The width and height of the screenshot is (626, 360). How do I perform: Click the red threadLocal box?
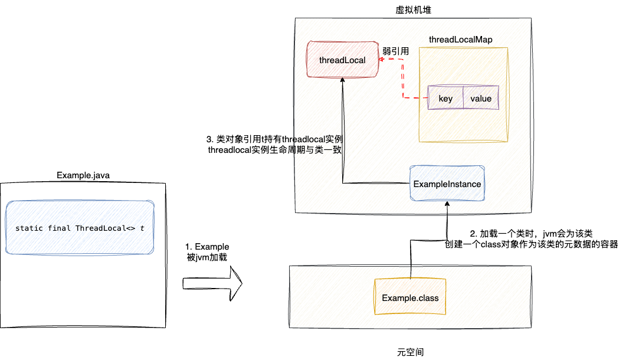click(342, 60)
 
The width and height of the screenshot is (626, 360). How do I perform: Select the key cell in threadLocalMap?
click(445, 99)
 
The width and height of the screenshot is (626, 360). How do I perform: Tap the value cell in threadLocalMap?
click(481, 99)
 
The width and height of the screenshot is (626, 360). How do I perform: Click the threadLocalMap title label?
click(461, 39)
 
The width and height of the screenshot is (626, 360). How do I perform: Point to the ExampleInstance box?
click(447, 184)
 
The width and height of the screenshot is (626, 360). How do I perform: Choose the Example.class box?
click(410, 297)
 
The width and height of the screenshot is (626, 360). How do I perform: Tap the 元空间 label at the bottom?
click(411, 352)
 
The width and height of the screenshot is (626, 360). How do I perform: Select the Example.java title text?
click(83, 175)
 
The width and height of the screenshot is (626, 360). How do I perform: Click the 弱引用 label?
click(395, 51)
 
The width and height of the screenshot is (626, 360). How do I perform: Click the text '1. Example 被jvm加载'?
click(207, 251)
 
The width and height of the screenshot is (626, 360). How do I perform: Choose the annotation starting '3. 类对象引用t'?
click(275, 145)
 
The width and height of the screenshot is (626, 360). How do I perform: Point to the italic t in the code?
click(142, 228)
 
